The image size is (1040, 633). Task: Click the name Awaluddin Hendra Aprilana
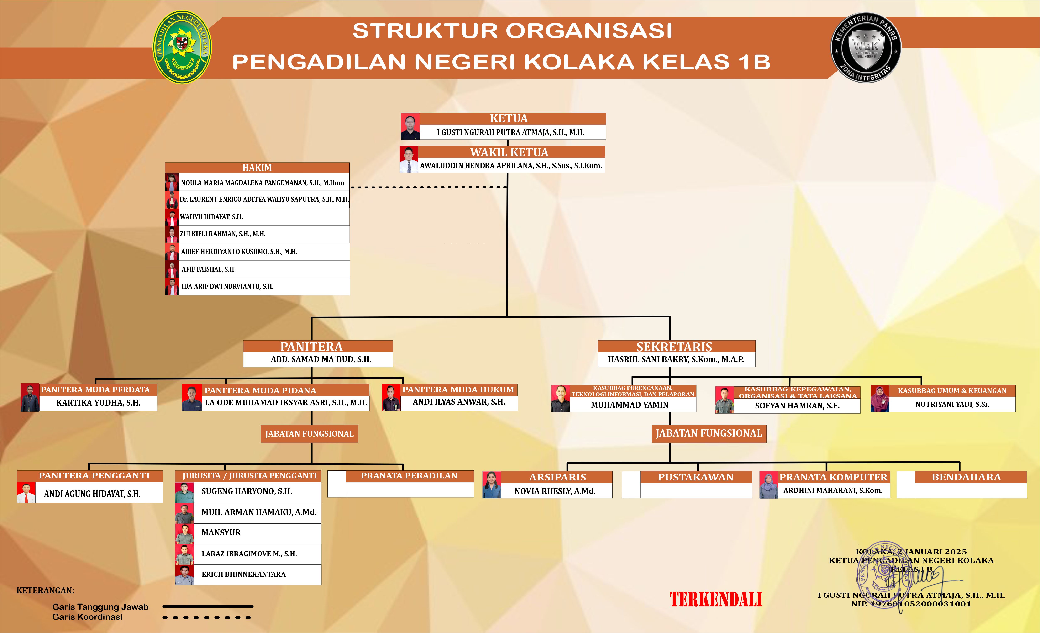click(511, 166)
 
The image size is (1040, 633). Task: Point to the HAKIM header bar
click(257, 168)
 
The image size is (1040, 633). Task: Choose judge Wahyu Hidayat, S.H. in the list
click(211, 217)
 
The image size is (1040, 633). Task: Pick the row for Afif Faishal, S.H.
click(209, 269)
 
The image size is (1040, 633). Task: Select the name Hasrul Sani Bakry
click(676, 360)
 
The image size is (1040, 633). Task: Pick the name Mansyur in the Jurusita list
click(221, 533)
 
